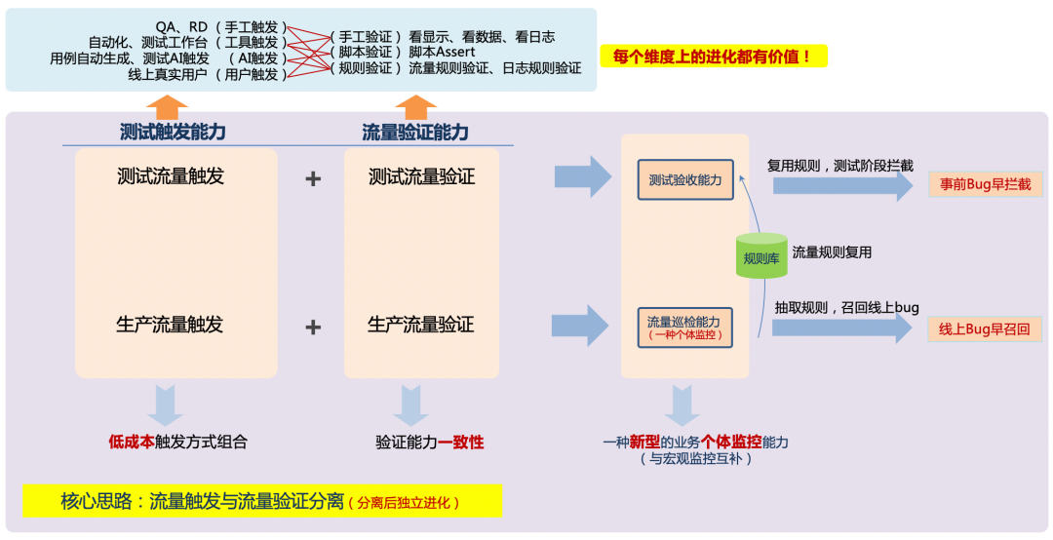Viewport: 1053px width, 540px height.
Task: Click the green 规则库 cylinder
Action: [x=761, y=256]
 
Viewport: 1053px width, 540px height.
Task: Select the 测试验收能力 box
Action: [x=685, y=180]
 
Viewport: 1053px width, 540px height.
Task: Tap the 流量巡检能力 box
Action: [x=685, y=327]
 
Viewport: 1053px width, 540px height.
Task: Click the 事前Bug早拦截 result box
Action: [x=985, y=183]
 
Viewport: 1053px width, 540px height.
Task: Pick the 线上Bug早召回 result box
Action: [x=985, y=329]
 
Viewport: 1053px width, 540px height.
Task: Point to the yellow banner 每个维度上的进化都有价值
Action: [x=714, y=57]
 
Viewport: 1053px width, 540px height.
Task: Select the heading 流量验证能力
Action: [x=415, y=133]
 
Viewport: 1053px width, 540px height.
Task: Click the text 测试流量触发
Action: [x=171, y=176]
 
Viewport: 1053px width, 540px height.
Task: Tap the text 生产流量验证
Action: [x=421, y=325]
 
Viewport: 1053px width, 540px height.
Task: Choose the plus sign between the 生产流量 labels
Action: [x=313, y=327]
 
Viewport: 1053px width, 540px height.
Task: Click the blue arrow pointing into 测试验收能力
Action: [x=582, y=176]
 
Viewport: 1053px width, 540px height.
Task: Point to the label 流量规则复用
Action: [x=832, y=252]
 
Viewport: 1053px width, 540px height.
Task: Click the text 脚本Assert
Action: [x=442, y=52]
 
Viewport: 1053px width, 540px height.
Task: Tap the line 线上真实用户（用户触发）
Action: [x=208, y=74]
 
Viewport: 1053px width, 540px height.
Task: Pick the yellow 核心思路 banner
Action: [x=262, y=501]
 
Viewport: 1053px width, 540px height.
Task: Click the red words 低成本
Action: [x=131, y=442]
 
